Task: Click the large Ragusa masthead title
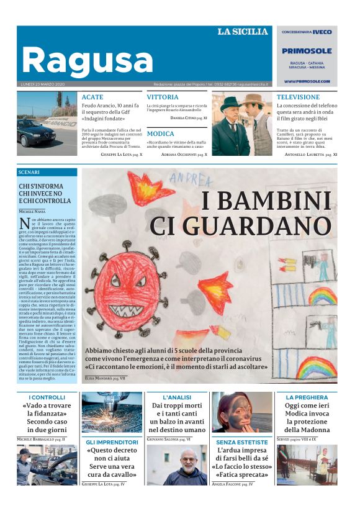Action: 87,60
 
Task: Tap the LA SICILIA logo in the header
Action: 242,32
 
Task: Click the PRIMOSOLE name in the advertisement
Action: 307,52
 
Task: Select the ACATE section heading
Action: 92,97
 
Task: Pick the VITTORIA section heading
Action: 163,97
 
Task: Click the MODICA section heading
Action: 160,133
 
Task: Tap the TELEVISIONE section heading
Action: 298,97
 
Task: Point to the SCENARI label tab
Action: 29,172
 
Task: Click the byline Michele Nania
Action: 32,212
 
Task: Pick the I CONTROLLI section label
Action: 47,397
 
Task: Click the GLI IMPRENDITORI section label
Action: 112,442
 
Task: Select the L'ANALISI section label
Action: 177,397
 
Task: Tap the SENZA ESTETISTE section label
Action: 242,442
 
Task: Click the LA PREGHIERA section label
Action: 307,397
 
